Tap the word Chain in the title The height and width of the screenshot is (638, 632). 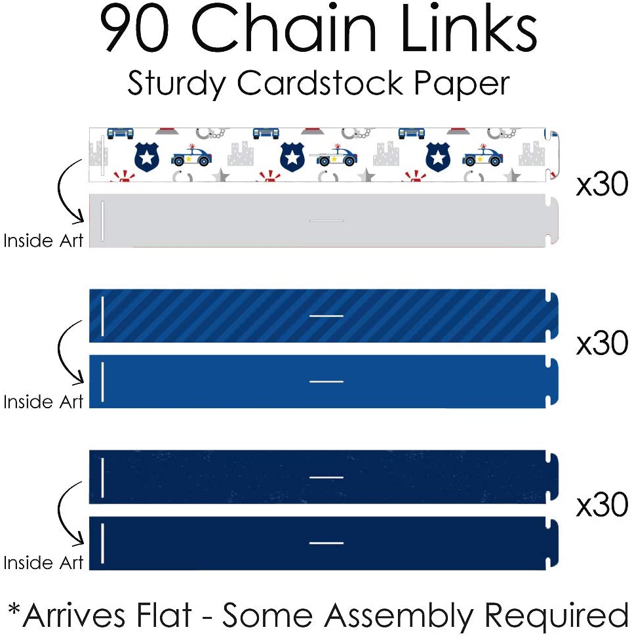286,31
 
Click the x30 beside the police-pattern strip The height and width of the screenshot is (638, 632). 602,186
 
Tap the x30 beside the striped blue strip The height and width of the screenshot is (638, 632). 602,344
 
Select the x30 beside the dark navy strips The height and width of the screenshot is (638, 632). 602,505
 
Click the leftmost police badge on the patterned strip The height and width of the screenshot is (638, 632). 146,158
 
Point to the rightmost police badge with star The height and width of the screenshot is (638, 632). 438,158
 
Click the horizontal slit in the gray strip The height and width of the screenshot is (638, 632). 326,221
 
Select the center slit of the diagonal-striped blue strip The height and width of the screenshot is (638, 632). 326,316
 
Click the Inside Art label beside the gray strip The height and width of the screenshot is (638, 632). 43,241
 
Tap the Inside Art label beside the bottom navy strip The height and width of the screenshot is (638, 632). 43,563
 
